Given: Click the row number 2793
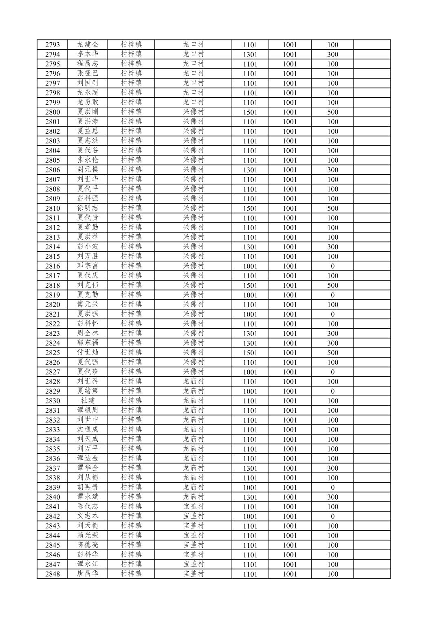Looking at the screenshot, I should tap(53, 45).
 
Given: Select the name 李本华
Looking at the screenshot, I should tap(88, 54).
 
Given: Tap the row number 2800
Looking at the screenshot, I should tap(53, 112).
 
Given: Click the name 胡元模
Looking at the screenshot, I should tap(88, 170).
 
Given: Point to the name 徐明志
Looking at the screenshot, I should tap(88, 208).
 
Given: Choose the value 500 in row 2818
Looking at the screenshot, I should tap(332, 285).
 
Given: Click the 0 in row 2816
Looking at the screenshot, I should tap(332, 266).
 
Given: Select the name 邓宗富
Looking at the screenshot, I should tap(88, 266).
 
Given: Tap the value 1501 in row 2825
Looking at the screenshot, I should tap(250, 353).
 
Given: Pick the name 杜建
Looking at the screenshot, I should tap(88, 401).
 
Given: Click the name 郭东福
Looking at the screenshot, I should tap(88, 343).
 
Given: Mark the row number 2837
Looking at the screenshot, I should tap(53, 468).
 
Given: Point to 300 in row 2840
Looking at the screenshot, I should tap(332, 497).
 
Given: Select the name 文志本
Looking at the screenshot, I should tap(88, 516).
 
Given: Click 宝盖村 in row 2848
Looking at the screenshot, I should tap(193, 574).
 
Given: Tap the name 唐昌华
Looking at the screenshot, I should tap(88, 574).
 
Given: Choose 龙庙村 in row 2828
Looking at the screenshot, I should tap(193, 381).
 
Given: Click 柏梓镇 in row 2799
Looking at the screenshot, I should tap(131, 102).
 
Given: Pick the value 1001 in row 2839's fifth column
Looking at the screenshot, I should tap(250, 487).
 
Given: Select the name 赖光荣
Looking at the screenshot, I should tap(88, 535).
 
